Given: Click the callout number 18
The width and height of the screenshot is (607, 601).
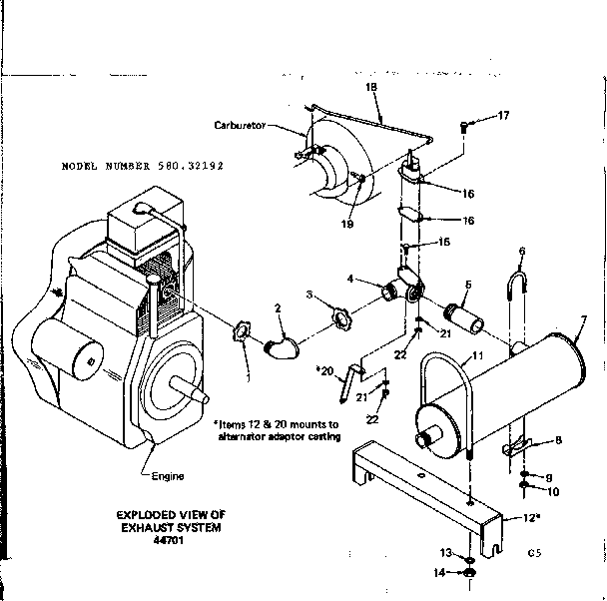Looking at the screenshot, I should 371,88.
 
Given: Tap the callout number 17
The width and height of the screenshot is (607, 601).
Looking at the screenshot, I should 503,116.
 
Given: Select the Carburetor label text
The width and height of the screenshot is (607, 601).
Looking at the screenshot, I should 239,126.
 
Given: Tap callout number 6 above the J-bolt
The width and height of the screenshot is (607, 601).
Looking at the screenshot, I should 521,251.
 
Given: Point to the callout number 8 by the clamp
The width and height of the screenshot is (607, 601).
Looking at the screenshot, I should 558,440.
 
